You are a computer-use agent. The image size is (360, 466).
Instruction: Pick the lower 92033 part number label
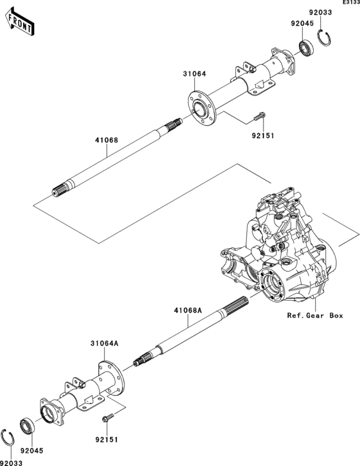coord(10,462)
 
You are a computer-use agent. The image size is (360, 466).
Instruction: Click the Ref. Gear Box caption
coord(315,316)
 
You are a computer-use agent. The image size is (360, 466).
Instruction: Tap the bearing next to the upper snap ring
coord(307,48)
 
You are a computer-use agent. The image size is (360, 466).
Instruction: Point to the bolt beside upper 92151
coord(259,117)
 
